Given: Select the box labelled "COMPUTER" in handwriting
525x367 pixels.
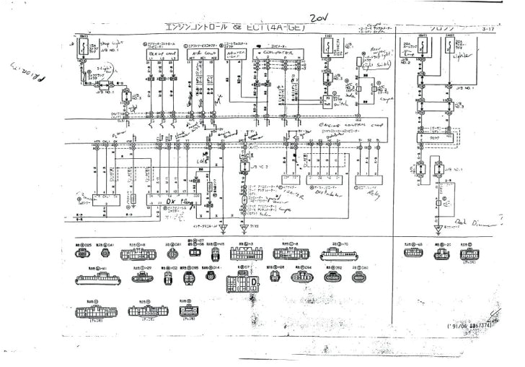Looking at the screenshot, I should coord(278,53).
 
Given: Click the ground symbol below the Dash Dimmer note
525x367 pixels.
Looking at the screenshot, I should coord(437,230).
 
